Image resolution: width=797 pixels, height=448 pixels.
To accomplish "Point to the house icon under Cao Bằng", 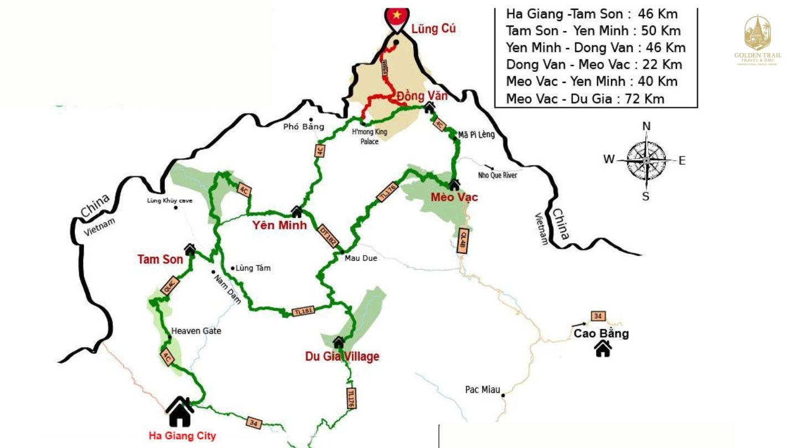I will point(603,348).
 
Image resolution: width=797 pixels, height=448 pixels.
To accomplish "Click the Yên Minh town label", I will point(279,225).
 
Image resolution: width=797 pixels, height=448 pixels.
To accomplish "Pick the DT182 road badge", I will point(328,235).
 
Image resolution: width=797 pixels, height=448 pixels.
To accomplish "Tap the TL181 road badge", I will point(303,311).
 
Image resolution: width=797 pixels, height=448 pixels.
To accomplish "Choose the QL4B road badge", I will point(464,241).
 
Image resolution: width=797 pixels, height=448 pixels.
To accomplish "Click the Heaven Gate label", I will point(196,331).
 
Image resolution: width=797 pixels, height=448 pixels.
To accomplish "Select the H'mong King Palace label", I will point(370,137).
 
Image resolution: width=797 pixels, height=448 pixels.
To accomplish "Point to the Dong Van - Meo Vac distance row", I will point(594,65).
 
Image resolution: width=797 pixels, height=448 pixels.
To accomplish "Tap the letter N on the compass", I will point(646,126).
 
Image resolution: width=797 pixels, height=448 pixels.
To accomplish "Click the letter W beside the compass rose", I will point(609,159).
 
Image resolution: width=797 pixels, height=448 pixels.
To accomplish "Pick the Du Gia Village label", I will point(342,357).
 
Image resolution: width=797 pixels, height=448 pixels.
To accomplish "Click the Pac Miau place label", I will point(482,390).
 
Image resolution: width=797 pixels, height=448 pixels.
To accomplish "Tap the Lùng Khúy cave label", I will point(169,200).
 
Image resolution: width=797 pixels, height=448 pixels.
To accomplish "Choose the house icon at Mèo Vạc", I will point(454,185).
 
